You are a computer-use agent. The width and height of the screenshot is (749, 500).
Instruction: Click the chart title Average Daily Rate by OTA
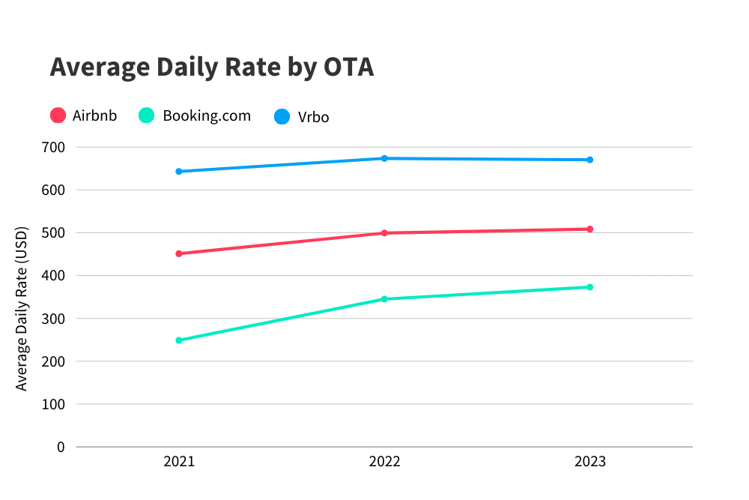click(211, 67)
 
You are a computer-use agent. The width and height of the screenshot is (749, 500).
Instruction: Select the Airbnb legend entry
click(84, 115)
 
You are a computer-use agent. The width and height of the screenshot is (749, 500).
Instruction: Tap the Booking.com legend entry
click(195, 115)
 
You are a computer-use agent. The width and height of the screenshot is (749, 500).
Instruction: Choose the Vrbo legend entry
click(302, 117)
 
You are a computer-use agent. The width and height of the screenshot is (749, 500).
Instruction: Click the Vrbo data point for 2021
click(179, 172)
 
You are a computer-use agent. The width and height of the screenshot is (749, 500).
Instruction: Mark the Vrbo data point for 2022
click(384, 158)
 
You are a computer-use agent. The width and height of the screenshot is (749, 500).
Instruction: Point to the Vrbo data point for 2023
click(590, 160)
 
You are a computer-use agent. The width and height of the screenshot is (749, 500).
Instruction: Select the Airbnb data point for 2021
click(179, 253)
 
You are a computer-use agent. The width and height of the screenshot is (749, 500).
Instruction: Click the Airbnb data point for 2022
click(384, 233)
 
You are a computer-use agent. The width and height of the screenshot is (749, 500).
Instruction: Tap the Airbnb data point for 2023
click(590, 229)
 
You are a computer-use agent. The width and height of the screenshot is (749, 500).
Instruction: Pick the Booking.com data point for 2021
click(179, 340)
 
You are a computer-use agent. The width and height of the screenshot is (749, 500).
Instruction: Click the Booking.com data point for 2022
click(384, 299)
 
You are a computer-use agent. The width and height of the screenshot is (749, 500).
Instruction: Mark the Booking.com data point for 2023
click(590, 287)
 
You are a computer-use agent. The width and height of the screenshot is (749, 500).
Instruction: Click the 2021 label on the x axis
click(179, 462)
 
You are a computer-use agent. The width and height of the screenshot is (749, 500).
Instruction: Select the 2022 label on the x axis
click(384, 462)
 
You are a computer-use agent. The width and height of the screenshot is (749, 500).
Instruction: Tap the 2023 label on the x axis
click(590, 462)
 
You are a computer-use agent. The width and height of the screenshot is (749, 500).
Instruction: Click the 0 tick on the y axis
click(61, 448)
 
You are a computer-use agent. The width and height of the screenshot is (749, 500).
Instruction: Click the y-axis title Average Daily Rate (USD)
click(22, 308)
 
